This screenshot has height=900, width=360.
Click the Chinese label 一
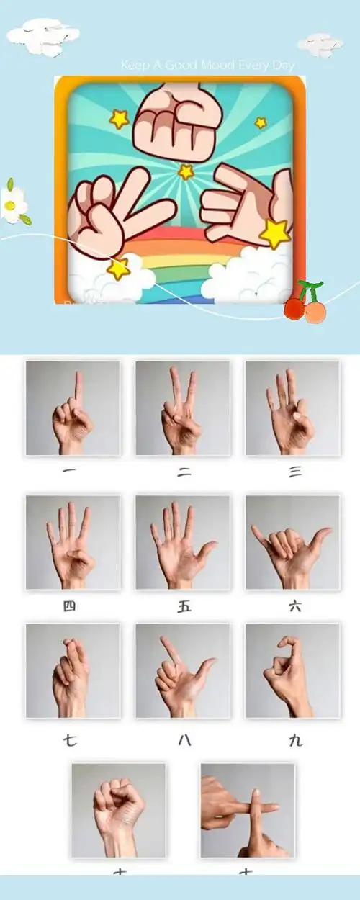[x=71, y=472]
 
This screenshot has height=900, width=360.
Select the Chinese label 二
[x=184, y=472]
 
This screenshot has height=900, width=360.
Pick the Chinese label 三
[x=294, y=472]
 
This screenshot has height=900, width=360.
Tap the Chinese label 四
[x=70, y=606]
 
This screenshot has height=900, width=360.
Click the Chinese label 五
[x=184, y=606]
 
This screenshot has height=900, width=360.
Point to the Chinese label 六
[x=294, y=606]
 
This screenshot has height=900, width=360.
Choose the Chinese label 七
[x=70, y=739]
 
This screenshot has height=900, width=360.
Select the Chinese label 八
[x=184, y=739]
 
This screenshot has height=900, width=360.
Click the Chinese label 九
[x=295, y=739]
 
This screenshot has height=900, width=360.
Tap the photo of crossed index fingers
[x=248, y=810]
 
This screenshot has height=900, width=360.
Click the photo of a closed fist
[x=119, y=810]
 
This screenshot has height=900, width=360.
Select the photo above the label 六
[x=292, y=541]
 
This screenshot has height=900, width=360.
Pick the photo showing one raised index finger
[x=73, y=408]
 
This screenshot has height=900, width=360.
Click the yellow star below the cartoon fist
[x=186, y=171]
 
